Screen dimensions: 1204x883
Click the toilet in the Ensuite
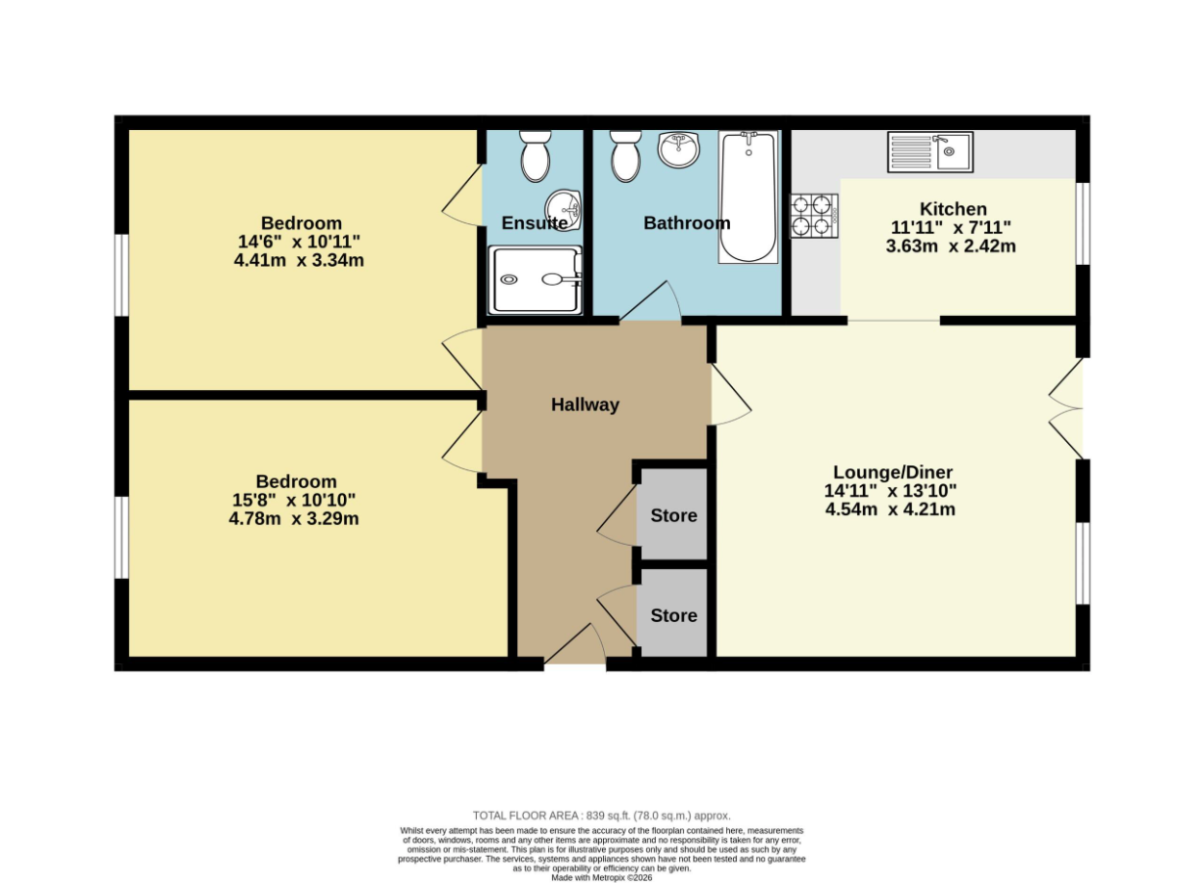(536, 155)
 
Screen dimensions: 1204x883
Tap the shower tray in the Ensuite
(535, 280)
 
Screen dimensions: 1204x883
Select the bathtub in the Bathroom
(749, 198)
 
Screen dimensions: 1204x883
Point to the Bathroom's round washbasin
(678, 149)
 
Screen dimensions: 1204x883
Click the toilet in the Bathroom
(625, 155)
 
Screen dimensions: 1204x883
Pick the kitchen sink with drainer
(930, 153)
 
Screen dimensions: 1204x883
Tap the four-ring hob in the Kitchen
(814, 216)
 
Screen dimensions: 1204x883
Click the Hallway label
(585, 405)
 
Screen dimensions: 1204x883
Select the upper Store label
(674, 515)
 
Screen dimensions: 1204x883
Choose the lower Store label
(674, 615)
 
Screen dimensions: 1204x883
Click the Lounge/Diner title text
(893, 472)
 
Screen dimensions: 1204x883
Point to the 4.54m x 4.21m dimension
(890, 508)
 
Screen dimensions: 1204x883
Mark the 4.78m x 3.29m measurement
(294, 518)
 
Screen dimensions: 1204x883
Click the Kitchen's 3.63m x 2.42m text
(951, 246)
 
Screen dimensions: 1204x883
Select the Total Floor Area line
(602, 816)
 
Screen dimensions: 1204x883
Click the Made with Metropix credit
(602, 878)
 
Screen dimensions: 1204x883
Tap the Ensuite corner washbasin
(563, 209)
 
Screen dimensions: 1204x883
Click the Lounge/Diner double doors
(1066, 409)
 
